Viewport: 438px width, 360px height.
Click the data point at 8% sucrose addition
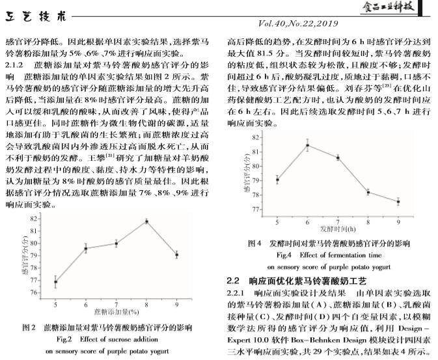click(146, 221)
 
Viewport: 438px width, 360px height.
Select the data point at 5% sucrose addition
click(55, 282)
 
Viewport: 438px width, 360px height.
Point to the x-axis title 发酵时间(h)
click(338, 230)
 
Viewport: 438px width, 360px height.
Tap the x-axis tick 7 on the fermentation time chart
click(338, 221)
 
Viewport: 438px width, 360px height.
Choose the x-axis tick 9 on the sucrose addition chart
click(176, 305)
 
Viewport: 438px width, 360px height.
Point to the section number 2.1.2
click(16, 66)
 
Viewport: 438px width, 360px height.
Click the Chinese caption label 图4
click(255, 243)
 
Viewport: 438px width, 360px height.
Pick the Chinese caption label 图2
click(29, 327)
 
